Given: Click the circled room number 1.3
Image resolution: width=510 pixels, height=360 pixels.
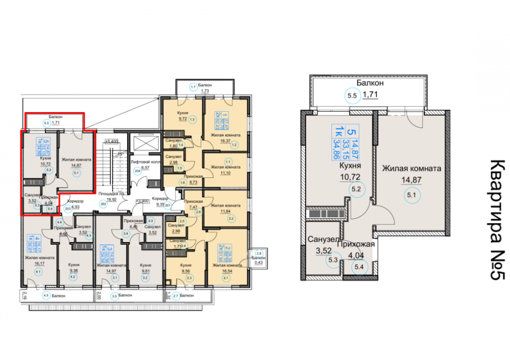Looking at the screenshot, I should point(192,120).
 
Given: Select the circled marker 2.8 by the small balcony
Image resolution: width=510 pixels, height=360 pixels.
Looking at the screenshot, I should point(258,253).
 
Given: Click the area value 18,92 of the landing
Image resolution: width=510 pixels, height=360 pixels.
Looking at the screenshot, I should point(112,199).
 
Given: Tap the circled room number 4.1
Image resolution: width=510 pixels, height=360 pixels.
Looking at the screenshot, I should point(39,272).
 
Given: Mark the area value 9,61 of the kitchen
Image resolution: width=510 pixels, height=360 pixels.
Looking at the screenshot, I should point(145,271).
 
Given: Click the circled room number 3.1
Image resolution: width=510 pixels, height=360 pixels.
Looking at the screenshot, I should point(115,277).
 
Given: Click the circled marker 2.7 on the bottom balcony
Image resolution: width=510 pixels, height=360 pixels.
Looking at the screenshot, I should point(174,296).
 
